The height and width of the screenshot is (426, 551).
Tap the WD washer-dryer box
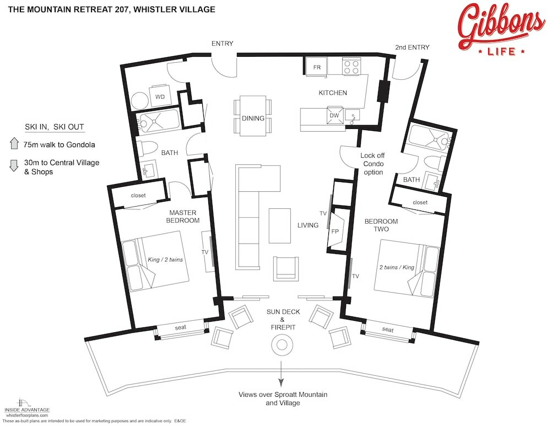160,96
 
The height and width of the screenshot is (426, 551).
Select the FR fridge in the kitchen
317,67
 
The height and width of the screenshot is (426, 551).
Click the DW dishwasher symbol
334,115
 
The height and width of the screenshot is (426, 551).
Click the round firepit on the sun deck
282,346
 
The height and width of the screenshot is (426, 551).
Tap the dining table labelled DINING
253,116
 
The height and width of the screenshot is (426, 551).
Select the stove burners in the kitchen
351,67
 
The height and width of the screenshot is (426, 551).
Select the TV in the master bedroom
208,252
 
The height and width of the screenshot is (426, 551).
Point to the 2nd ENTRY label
412,47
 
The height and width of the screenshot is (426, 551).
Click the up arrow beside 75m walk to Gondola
15,145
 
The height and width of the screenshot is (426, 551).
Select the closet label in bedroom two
420,203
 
